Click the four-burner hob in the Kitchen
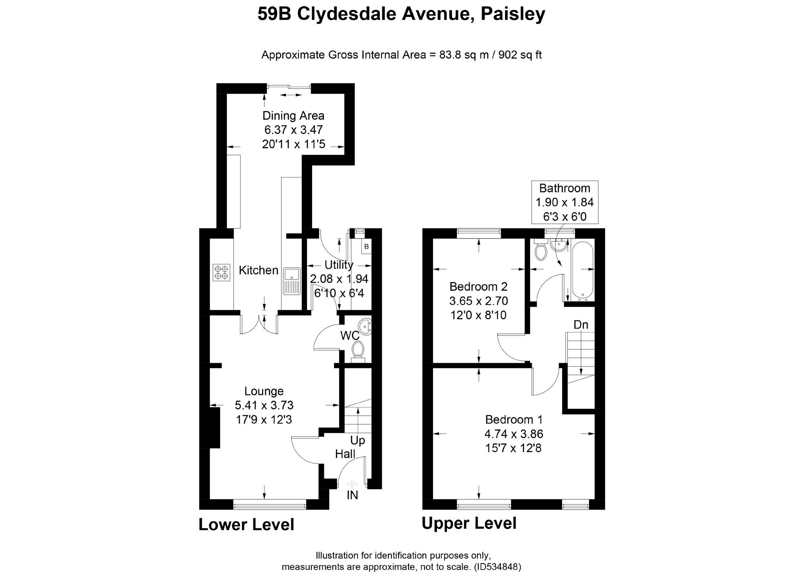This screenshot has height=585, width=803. [221, 272]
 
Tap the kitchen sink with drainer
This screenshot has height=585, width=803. [291, 281]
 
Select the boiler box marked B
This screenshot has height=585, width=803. [366, 246]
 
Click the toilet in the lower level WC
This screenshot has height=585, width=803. [358, 351]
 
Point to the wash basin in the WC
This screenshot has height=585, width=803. [366, 327]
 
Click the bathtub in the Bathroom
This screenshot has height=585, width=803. [582, 270]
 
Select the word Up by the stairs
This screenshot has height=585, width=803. [357, 440]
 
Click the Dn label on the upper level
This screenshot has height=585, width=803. [581, 324]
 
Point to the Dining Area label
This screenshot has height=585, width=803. [293, 115]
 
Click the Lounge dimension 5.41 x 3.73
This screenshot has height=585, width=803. [264, 405]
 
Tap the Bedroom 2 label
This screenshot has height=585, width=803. [478, 286]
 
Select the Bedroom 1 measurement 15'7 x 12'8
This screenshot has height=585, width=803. [513, 448]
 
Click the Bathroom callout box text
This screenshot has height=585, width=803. [564, 202]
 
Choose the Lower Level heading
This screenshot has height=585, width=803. [246, 524]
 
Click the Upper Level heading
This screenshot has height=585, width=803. [469, 523]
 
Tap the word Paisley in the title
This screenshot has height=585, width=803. [513, 14]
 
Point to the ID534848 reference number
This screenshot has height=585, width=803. [498, 567]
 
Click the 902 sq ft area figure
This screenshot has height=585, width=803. [520, 55]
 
